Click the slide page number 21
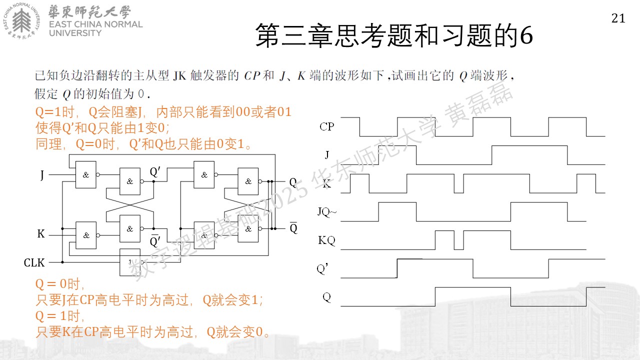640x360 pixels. (618, 18)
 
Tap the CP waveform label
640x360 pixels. (327, 126)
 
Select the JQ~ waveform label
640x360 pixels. (327, 211)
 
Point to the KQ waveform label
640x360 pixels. (326, 240)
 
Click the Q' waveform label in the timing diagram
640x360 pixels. (322, 269)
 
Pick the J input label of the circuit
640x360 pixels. (42, 174)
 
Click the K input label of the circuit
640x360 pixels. (41, 233)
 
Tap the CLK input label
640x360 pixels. (34, 262)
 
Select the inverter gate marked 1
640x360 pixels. (130, 262)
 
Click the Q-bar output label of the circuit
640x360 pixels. (293, 227)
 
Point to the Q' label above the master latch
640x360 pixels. (155, 172)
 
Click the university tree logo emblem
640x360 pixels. (21, 20)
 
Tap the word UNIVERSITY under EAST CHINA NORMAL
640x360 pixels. (75, 33)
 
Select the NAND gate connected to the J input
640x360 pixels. (85, 174)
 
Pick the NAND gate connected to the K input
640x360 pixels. (86, 235)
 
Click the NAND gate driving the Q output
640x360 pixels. (248, 181)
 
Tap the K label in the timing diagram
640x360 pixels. (327, 183)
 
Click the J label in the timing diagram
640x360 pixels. (327, 155)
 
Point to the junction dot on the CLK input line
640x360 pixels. (62, 262)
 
